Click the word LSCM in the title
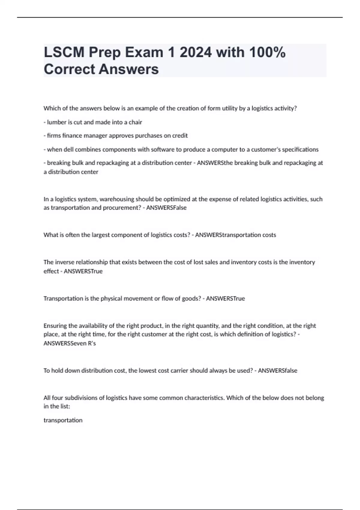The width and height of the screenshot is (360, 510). pyautogui.click(x=64, y=52)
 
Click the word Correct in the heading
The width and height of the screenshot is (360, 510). pyautogui.click(x=69, y=69)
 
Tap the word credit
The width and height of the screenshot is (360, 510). pyautogui.click(x=180, y=136)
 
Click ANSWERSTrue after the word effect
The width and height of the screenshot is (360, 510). pyautogui.click(x=83, y=271)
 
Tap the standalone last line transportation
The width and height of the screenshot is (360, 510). pyautogui.click(x=63, y=420)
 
